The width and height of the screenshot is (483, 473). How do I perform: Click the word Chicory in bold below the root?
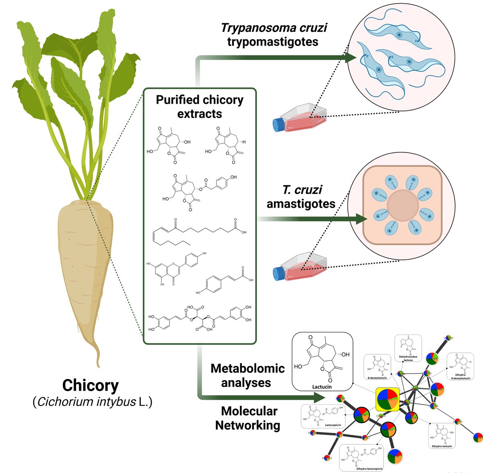pos(90,385)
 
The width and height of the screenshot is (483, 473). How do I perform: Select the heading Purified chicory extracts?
pos(200,106)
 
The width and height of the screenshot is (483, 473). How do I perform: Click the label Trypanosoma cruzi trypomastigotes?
pos(273,35)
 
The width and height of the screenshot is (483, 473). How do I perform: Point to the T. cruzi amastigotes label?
pos(301,197)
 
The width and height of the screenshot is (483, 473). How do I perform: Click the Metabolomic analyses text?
pos(247,375)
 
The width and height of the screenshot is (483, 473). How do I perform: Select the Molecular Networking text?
pos(248,418)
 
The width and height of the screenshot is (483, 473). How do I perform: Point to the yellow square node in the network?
pos(387,399)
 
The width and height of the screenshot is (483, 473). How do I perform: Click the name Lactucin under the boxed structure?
pos(322,387)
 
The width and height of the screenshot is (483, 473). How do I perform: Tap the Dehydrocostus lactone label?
pos(408,358)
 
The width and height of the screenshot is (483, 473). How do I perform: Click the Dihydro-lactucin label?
pos(442,446)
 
